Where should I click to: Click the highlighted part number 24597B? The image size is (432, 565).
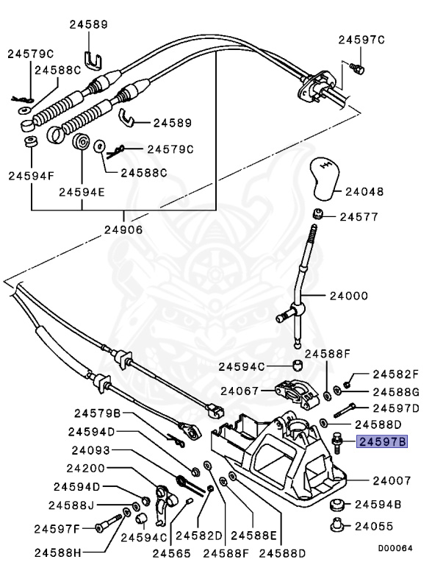(381, 442)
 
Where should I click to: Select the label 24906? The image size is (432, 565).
(123, 229)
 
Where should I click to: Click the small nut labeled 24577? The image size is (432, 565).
(319, 216)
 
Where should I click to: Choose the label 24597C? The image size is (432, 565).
(361, 40)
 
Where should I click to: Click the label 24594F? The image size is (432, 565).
(32, 176)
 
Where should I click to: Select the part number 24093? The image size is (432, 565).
(91, 450)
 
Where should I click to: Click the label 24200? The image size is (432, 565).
(91, 469)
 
